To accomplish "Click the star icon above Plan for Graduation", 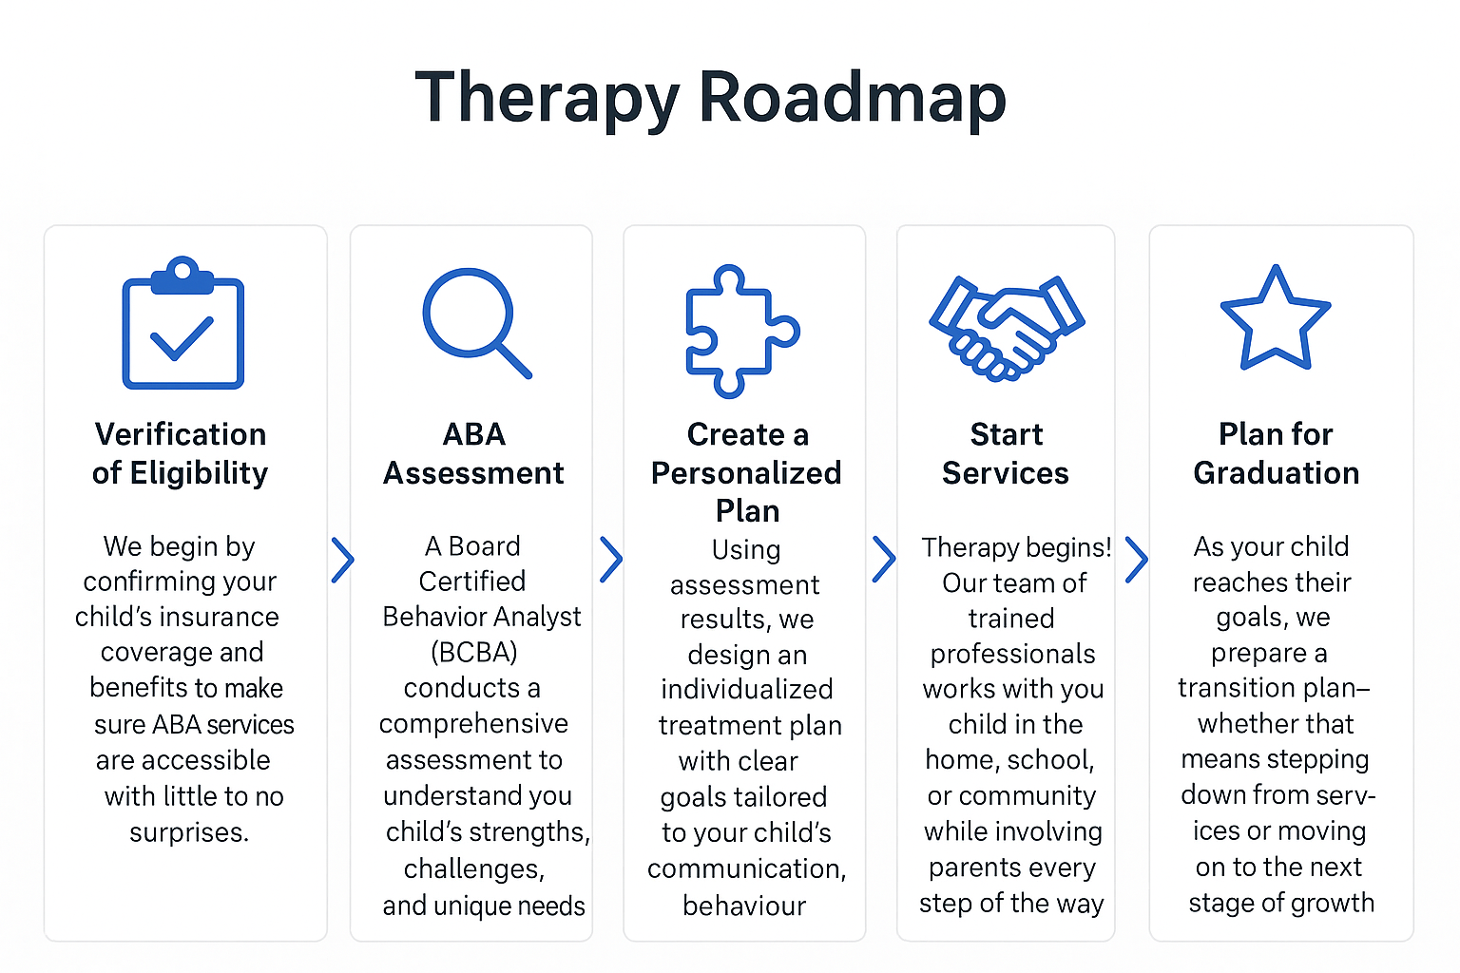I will [x=1275, y=320].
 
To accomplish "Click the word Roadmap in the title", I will [x=852, y=99].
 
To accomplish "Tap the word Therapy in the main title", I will [x=547, y=99].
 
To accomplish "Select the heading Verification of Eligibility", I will [x=181, y=453].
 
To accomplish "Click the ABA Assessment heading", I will [x=473, y=453].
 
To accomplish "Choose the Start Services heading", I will [x=1006, y=453].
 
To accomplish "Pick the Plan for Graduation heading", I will [x=1276, y=453].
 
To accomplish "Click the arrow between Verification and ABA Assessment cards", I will [x=342, y=560].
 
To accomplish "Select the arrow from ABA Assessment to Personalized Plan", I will [x=611, y=560].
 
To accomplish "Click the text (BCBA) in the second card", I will [x=473, y=653].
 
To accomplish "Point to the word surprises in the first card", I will [x=188, y=832].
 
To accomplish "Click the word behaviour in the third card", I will [x=744, y=906].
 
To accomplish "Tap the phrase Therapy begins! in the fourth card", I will [x=1015, y=547].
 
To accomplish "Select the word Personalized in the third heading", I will [x=746, y=473].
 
